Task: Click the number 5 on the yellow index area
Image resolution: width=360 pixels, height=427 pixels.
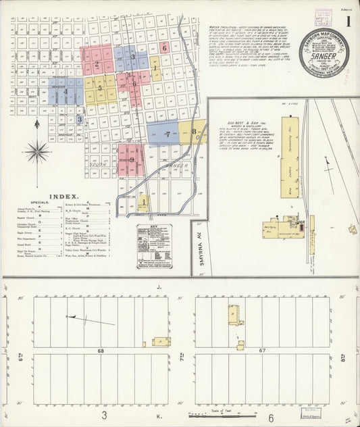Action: [x=99, y=88]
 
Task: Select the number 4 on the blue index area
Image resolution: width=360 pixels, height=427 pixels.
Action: [x=66, y=92]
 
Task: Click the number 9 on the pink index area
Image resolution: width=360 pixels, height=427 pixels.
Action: [x=132, y=159]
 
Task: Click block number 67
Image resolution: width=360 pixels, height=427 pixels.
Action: [x=263, y=351]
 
